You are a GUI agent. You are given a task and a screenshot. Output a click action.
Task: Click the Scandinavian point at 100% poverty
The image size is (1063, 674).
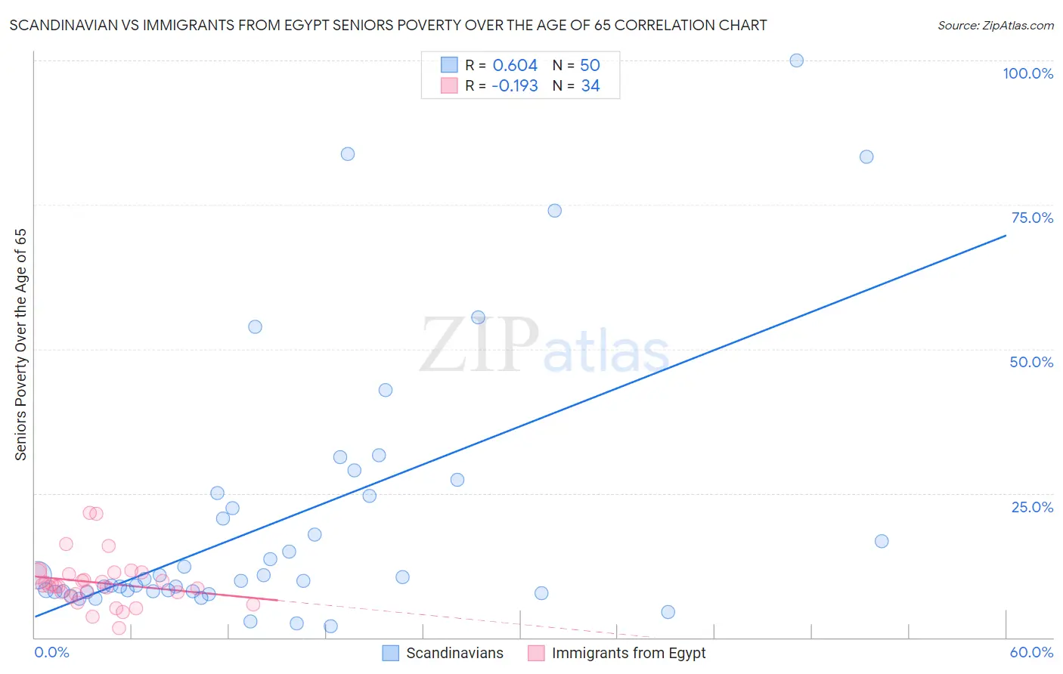796,60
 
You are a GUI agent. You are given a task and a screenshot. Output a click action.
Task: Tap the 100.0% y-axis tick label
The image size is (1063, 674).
1027,73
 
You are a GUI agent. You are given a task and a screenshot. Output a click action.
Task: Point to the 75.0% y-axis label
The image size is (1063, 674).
1032,218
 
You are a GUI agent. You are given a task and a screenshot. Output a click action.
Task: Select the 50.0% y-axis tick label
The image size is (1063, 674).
1031,362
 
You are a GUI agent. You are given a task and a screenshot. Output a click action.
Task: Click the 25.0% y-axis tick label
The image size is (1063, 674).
1032,506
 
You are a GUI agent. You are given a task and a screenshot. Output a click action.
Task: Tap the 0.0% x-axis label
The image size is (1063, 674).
51,652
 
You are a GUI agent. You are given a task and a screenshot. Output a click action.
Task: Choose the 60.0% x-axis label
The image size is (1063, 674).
1031,652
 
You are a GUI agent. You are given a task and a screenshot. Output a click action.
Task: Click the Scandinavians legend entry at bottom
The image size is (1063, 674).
454,653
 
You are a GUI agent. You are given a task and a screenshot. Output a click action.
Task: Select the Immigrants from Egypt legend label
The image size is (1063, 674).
628,653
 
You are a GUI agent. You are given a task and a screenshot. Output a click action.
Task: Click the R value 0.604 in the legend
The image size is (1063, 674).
515,65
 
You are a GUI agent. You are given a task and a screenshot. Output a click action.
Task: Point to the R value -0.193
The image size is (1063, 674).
514,85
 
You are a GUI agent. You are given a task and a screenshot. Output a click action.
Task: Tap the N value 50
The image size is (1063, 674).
590,65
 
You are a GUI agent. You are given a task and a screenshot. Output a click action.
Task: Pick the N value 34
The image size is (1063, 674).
590,85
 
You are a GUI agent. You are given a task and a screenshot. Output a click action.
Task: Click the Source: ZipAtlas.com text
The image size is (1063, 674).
995,25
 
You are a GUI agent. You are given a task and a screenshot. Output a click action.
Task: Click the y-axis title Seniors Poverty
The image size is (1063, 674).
21,345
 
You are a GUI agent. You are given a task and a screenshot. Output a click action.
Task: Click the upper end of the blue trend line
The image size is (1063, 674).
1005,236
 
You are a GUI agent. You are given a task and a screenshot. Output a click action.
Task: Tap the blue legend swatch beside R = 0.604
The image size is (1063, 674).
449,65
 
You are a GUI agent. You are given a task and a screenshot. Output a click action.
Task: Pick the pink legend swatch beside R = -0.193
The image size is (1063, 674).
449,85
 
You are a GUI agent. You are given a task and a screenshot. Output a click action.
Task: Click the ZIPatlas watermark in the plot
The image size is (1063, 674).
544,346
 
